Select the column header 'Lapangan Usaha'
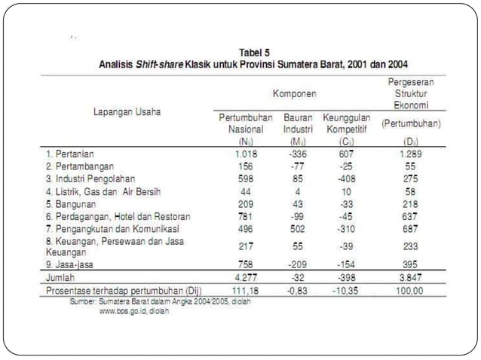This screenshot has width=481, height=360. click(x=127, y=111)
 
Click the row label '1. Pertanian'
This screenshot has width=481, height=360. click(x=72, y=153)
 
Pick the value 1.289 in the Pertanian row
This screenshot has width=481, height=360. click(x=411, y=153)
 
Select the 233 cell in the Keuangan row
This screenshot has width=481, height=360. click(x=411, y=246)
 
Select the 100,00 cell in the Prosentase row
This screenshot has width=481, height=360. click(x=411, y=289)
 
